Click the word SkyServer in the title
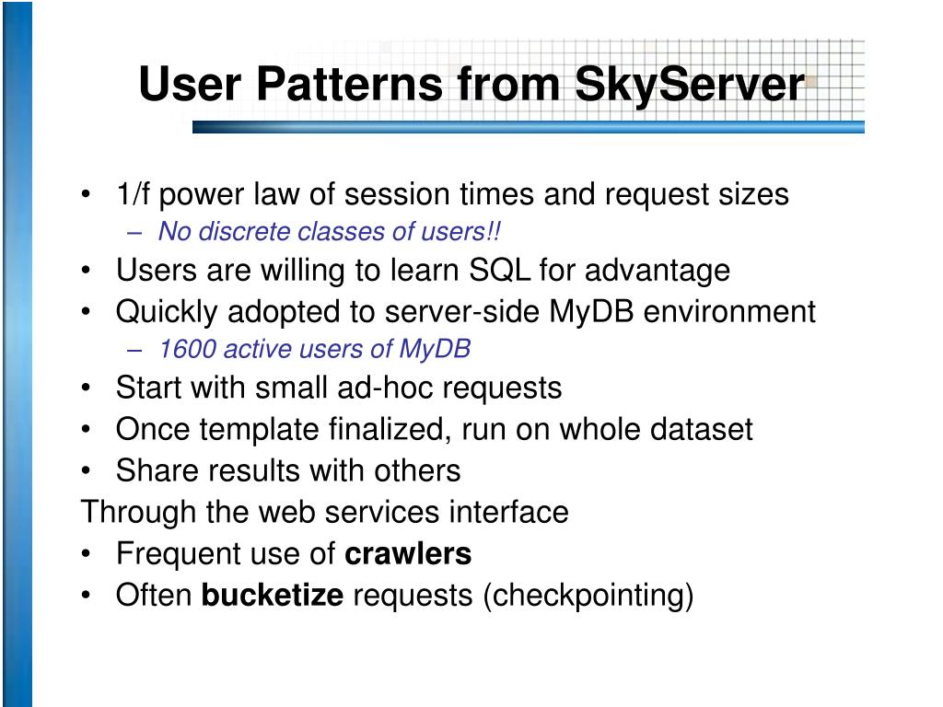click(x=689, y=85)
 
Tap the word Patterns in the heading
click(x=349, y=83)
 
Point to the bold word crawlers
click(x=408, y=553)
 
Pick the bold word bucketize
click(x=273, y=595)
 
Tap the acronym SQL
click(x=499, y=270)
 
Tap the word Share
click(x=154, y=470)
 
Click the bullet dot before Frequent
click(x=86, y=554)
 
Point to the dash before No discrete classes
click(x=134, y=233)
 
